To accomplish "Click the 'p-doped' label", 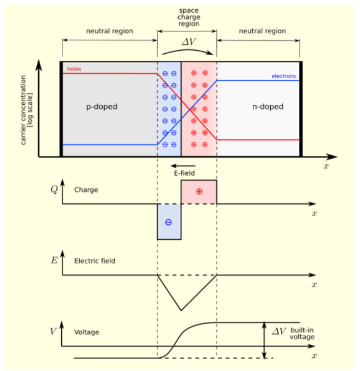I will click(101, 107).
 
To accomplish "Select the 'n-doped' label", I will click(268, 107).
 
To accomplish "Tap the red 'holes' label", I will click(74, 68).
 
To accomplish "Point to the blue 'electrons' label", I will click(284, 76).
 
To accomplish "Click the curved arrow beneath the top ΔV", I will click(186, 50).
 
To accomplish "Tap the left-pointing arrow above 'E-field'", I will click(181, 166).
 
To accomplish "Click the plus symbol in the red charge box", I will click(199, 192).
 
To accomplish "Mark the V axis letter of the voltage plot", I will click(53, 331).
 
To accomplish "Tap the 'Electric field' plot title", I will click(94, 261).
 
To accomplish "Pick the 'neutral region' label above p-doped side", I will click(109, 31).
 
